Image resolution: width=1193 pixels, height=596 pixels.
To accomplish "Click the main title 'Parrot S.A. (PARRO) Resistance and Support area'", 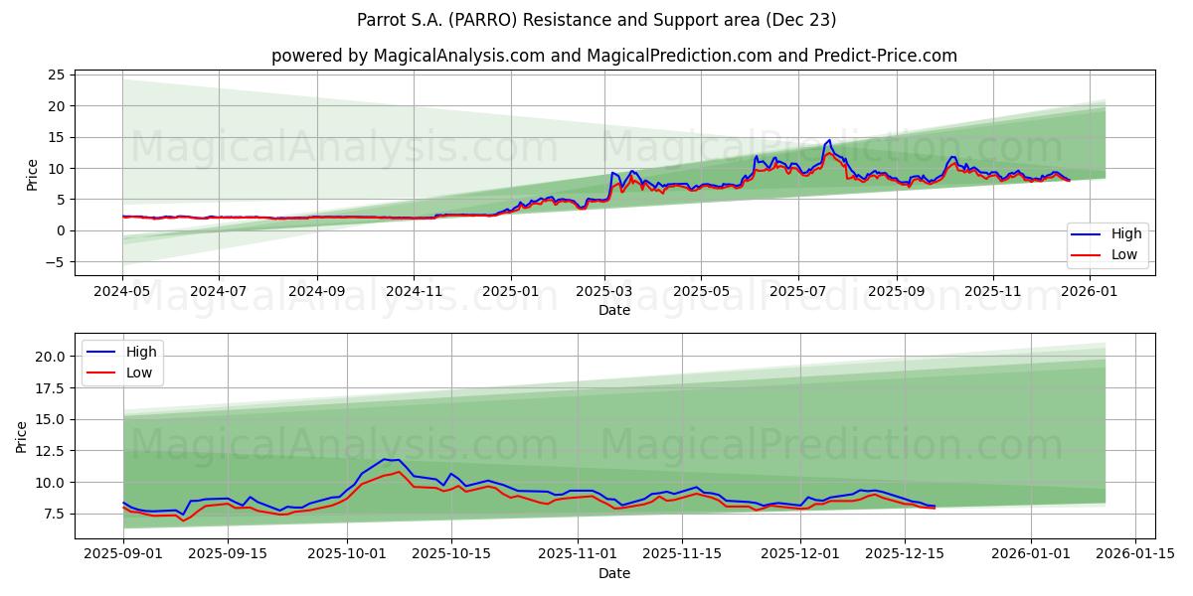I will (x=596, y=20).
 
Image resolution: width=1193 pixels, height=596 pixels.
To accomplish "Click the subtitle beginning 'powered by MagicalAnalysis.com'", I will (x=614, y=56).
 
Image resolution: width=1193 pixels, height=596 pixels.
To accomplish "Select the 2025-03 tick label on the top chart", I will (x=604, y=291).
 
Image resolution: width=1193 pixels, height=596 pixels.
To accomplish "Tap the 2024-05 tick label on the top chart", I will (x=122, y=291).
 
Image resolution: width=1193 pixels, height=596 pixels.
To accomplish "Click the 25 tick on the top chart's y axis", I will (x=56, y=74).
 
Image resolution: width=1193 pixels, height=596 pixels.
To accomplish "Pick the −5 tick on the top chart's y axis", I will (x=54, y=262).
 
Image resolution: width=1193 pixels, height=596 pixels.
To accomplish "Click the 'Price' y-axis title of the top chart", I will (x=32, y=175).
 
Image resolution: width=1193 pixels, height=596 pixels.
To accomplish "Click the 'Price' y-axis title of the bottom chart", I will (x=22, y=436).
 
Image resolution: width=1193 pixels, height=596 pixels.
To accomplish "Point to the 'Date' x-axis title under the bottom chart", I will (x=614, y=573).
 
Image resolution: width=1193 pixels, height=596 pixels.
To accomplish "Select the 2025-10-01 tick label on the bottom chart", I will (x=347, y=554).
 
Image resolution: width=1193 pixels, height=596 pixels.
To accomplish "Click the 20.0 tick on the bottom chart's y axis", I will (x=50, y=357).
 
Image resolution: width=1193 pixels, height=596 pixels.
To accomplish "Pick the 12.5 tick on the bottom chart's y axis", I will (x=50, y=451).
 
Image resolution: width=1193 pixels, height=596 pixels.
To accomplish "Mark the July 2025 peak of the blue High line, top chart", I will (x=829, y=140).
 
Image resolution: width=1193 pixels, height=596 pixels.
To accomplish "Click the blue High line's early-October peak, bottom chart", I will (x=385, y=459).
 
